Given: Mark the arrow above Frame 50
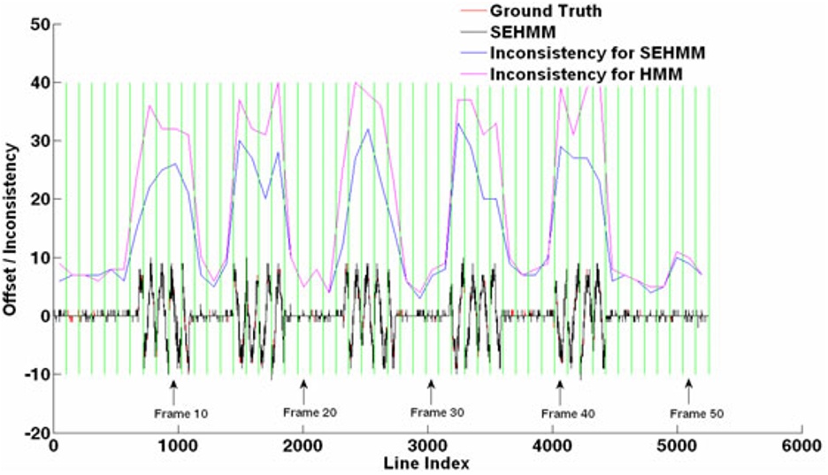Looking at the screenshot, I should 688,387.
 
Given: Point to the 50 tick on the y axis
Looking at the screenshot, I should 37,25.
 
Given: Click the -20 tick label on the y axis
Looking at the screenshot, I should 34,433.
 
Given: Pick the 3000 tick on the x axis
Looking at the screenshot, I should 427,447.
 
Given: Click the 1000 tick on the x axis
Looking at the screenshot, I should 179,447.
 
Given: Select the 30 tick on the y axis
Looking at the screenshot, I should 37,142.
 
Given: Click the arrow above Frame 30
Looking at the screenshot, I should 431,387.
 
